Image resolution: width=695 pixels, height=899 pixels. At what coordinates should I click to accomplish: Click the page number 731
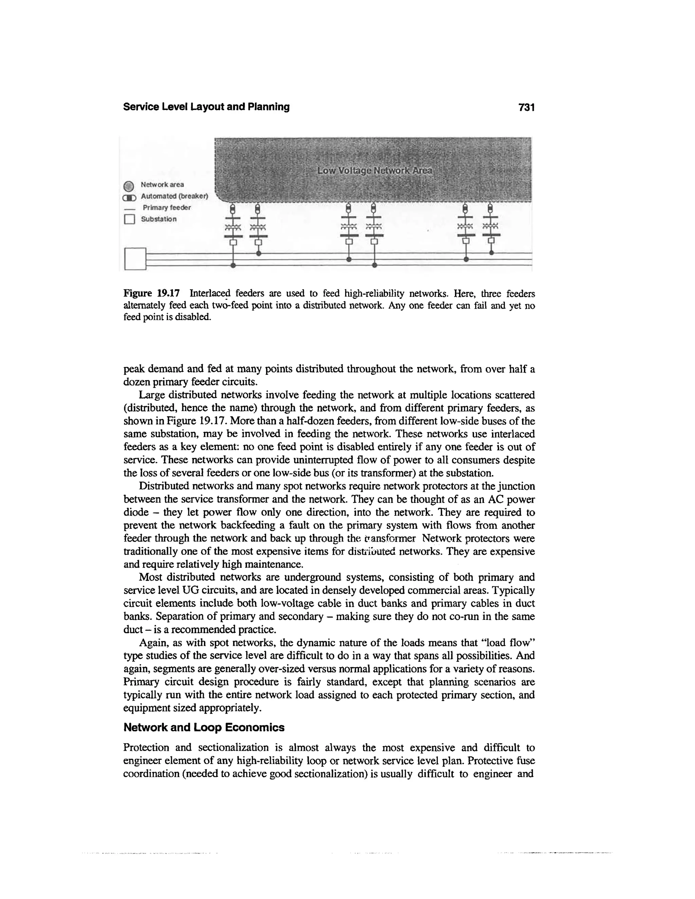527,108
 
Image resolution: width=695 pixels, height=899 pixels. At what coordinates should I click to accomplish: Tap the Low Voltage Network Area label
375,170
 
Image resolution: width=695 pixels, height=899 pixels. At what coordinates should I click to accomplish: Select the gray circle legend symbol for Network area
129,185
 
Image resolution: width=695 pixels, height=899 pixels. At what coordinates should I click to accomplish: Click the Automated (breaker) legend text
174,196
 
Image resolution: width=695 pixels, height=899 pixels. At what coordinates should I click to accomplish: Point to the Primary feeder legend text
167,208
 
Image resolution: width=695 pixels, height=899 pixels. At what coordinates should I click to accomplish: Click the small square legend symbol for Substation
129,219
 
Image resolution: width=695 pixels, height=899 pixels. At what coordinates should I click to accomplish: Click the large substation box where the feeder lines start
135,259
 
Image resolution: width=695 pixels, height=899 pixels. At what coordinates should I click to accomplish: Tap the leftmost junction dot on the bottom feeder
233,266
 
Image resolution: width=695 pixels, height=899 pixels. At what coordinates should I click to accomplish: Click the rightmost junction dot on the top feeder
491,253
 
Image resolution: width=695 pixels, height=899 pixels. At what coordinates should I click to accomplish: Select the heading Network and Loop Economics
204,727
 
